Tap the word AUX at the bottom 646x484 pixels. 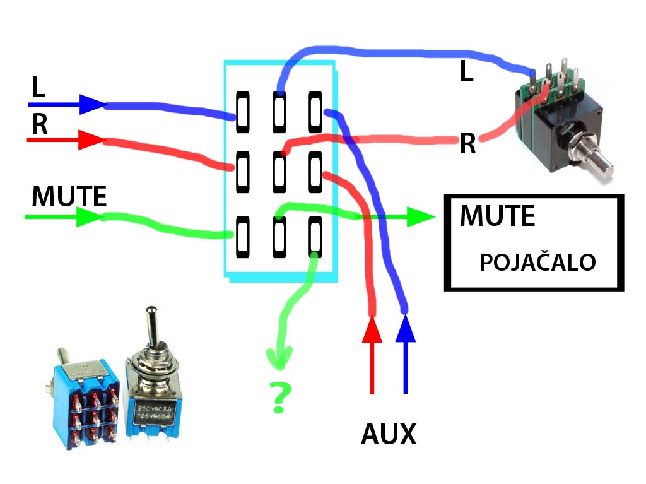[x=389, y=434]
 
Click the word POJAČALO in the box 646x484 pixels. [x=537, y=263]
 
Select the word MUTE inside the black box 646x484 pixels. [x=497, y=216]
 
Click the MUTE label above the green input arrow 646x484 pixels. [x=69, y=197]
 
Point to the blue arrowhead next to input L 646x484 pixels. [x=91, y=103]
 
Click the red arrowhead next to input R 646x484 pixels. [x=91, y=139]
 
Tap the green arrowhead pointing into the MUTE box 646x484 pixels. [x=420, y=217]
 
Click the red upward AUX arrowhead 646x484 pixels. [x=372, y=329]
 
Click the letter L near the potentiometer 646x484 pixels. [x=466, y=72]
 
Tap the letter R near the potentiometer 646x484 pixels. [x=467, y=145]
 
